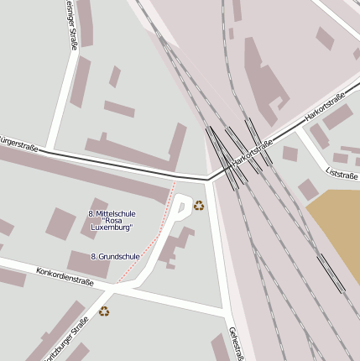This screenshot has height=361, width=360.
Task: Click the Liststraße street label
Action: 342,172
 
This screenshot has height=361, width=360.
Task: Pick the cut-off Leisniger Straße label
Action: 70,25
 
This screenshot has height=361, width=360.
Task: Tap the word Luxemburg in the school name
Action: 112,227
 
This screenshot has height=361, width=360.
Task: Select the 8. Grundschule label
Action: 115,256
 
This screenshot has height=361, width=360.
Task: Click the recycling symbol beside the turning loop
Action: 199,205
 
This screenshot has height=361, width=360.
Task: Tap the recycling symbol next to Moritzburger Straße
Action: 104,311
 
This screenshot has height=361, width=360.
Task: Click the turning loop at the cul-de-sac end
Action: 181,204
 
